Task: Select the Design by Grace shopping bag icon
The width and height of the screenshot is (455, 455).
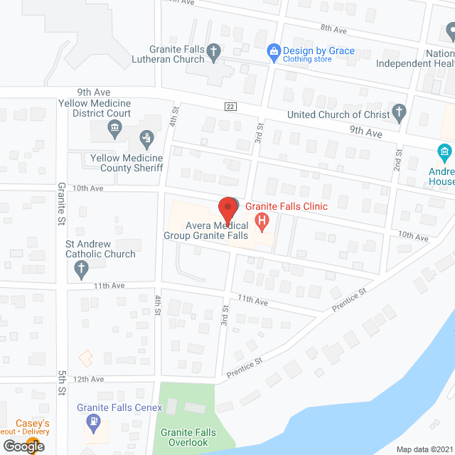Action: point(273,51)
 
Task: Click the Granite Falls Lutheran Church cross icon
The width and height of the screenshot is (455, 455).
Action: point(213,51)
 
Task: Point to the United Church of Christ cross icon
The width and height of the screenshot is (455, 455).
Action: point(400,114)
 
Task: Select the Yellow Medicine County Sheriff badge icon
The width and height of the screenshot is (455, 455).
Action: point(146,136)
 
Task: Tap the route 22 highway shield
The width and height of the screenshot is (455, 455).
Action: point(230,107)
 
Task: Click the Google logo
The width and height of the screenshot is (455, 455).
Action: point(23,446)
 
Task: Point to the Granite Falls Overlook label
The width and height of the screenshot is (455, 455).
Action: point(184,437)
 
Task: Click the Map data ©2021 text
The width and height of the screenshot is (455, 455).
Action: point(424,449)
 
